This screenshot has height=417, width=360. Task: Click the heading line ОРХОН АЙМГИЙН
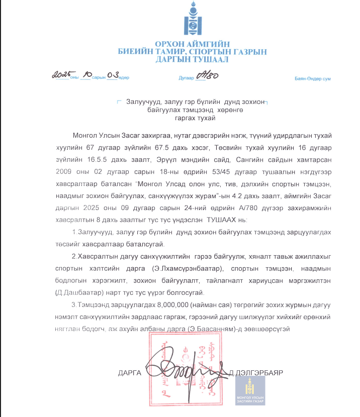[192, 44]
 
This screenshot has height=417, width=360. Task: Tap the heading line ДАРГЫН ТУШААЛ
[192, 59]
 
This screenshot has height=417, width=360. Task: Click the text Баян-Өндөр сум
[312, 79]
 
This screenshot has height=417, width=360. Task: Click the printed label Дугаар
[186, 78]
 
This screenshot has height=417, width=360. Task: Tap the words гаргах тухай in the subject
[193, 119]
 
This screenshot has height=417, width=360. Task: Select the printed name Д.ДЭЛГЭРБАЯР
[256, 373]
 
